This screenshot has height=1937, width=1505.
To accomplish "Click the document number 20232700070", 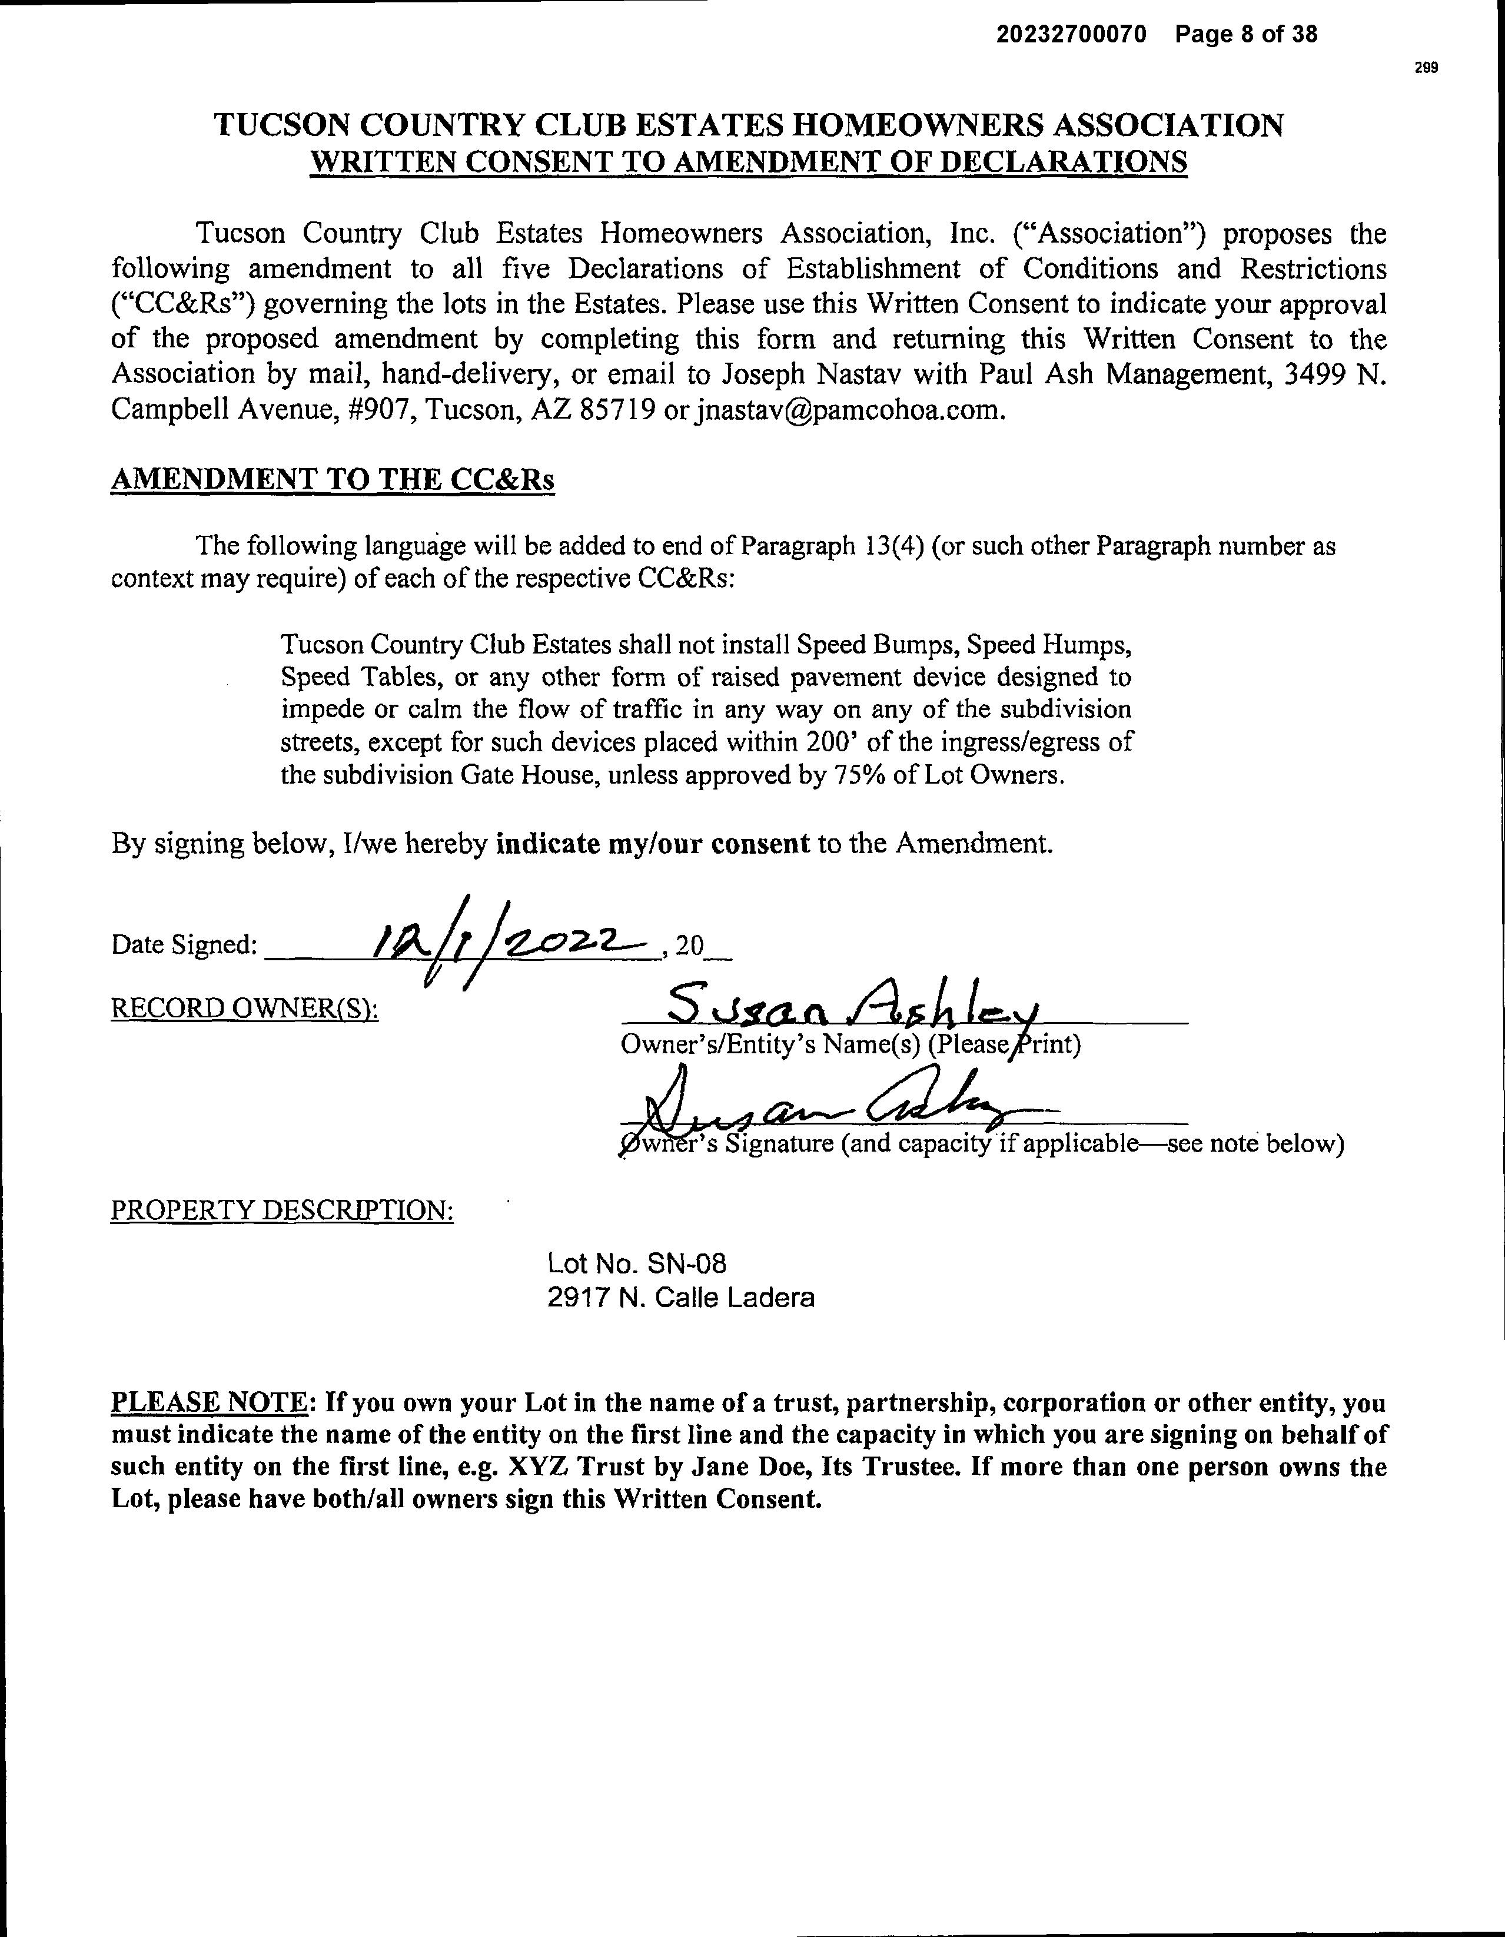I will [1071, 35].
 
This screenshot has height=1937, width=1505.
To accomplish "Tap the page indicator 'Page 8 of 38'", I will [1246, 35].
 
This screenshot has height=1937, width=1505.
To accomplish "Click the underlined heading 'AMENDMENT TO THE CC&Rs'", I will [333, 480].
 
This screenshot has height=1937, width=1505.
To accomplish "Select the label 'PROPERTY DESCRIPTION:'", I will [282, 1210].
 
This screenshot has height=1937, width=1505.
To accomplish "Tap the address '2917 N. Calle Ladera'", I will [680, 1298].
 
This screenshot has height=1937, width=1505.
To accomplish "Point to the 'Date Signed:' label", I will [184, 946].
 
